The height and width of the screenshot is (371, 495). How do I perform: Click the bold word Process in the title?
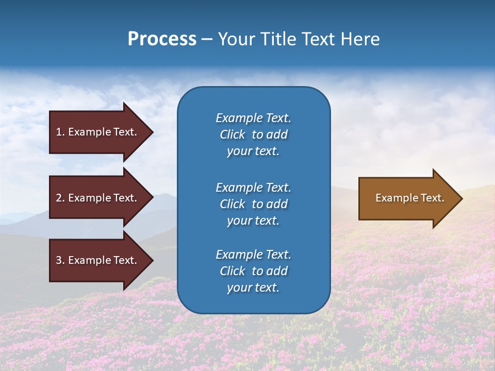click(162, 39)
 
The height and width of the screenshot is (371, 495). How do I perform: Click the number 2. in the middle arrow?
click(60, 198)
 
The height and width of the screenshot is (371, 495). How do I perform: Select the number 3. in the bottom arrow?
click(60, 260)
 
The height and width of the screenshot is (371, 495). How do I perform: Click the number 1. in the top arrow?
click(60, 132)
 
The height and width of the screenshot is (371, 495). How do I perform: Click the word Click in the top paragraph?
click(233, 134)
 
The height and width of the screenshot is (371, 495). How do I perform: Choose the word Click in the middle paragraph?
click(233, 204)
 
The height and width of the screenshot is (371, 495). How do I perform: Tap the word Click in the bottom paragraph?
click(233, 271)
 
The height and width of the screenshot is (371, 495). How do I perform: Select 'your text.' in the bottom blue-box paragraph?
click(253, 288)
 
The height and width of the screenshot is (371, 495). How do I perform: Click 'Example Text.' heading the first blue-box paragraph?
click(253, 118)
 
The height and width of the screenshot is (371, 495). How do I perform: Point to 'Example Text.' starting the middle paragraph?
click(253, 188)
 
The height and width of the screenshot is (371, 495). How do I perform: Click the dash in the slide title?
click(207, 40)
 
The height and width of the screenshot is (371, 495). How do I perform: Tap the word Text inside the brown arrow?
click(432, 198)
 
